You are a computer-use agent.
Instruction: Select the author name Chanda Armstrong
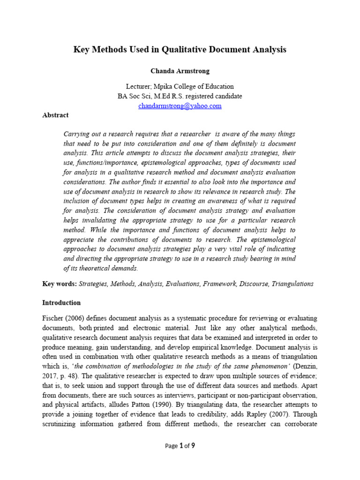180,71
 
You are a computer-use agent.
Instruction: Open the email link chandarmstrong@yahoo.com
180,106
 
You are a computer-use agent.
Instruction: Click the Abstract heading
55,115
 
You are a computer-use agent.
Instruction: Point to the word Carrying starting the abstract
76,134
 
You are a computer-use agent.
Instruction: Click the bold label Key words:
60,284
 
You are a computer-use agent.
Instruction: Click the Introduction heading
61,302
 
